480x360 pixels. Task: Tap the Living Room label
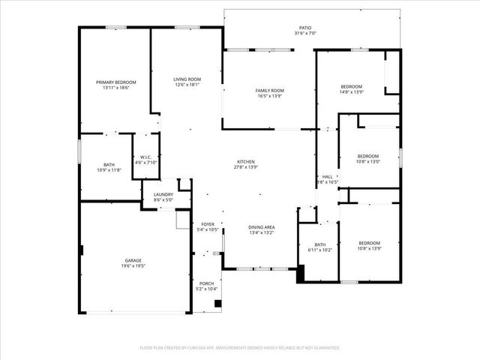pos(187,79)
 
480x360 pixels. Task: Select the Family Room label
pos(269,90)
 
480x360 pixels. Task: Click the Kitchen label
pos(247,161)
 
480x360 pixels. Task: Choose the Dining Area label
pos(261,226)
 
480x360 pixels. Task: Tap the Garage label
pos(133,260)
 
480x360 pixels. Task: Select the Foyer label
pos(208,224)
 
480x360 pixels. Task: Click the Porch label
pos(206,283)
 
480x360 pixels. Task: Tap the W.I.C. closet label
pos(145,157)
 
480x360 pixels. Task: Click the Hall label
pos(328,176)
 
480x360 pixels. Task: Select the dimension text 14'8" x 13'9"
pos(351,91)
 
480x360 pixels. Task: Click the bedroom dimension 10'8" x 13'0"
pos(368,161)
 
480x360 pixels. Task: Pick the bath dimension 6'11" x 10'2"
pos(320,250)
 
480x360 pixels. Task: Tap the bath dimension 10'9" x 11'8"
pos(109,170)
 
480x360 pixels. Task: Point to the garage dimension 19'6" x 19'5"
pos(133,265)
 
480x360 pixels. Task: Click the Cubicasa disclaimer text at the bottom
pos(240,347)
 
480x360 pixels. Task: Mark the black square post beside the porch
pos(217,304)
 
